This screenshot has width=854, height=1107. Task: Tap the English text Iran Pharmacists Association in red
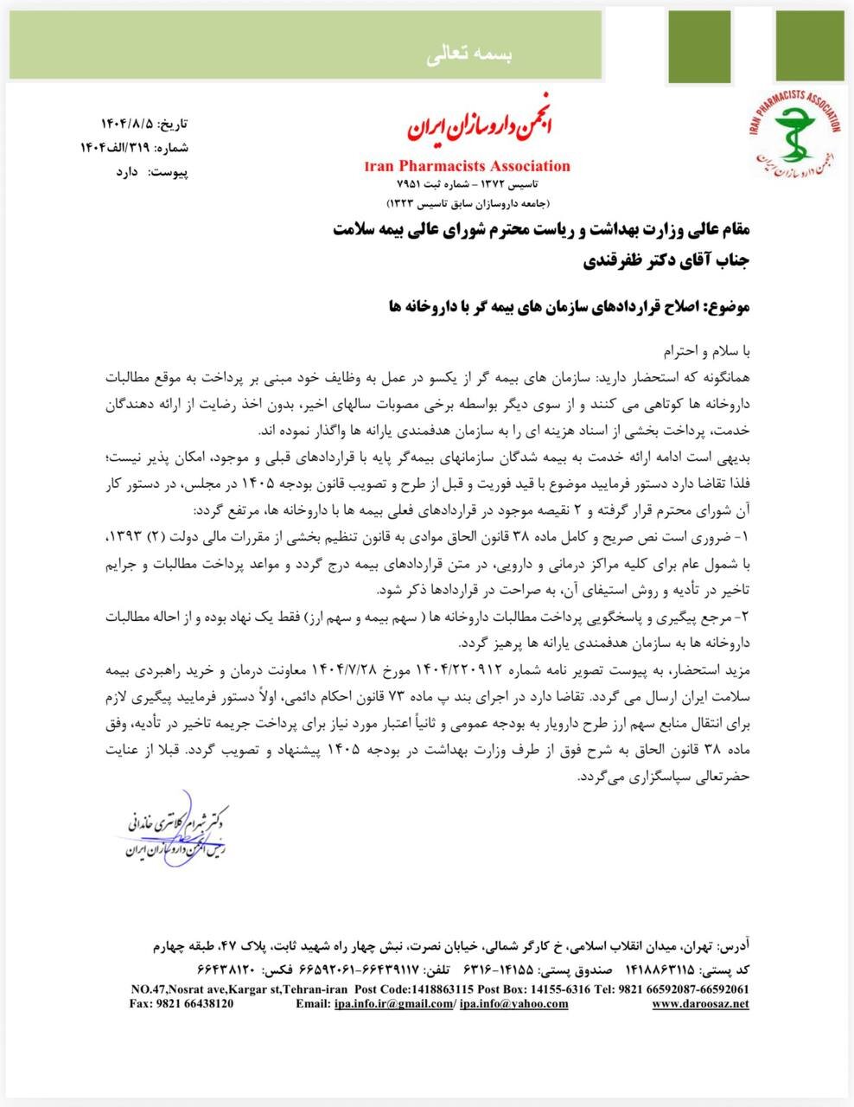click(468, 166)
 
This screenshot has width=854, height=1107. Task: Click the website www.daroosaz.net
click(700, 1004)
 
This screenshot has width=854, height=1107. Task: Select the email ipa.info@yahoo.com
click(513, 1004)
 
